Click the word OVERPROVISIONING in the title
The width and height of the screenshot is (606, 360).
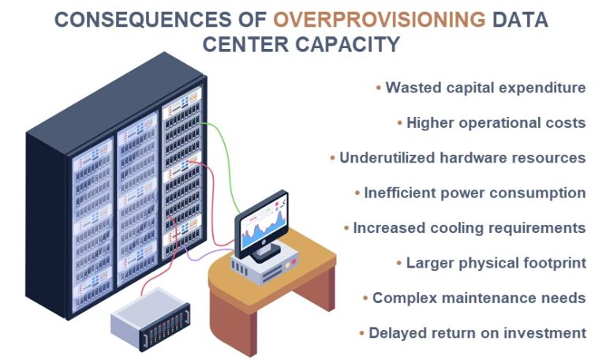tap(398, 20)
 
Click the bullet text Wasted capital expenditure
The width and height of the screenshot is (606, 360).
tap(485, 88)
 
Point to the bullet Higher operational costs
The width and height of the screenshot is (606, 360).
tap(496, 122)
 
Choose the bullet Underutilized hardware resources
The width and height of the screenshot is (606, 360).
tap(462, 158)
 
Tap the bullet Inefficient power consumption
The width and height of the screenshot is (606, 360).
tap(474, 193)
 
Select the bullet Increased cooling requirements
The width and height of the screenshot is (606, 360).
tap(469, 228)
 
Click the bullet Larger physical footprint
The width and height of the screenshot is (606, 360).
tap(496, 263)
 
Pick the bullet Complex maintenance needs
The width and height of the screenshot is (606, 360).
tap(479, 298)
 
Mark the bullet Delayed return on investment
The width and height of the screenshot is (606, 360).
tap(477, 332)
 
